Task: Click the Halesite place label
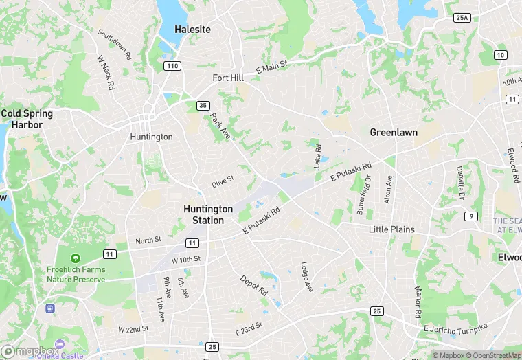192,30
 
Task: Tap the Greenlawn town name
394,132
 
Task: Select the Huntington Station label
208,214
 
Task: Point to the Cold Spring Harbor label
22,119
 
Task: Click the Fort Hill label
228,78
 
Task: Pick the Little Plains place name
392,229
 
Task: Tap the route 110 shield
172,66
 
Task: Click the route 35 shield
202,105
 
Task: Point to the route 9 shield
470,216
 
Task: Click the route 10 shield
500,55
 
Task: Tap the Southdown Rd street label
113,45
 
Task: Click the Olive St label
223,182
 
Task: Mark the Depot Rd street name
254,285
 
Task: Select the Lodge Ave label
307,275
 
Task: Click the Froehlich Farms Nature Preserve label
76,274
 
